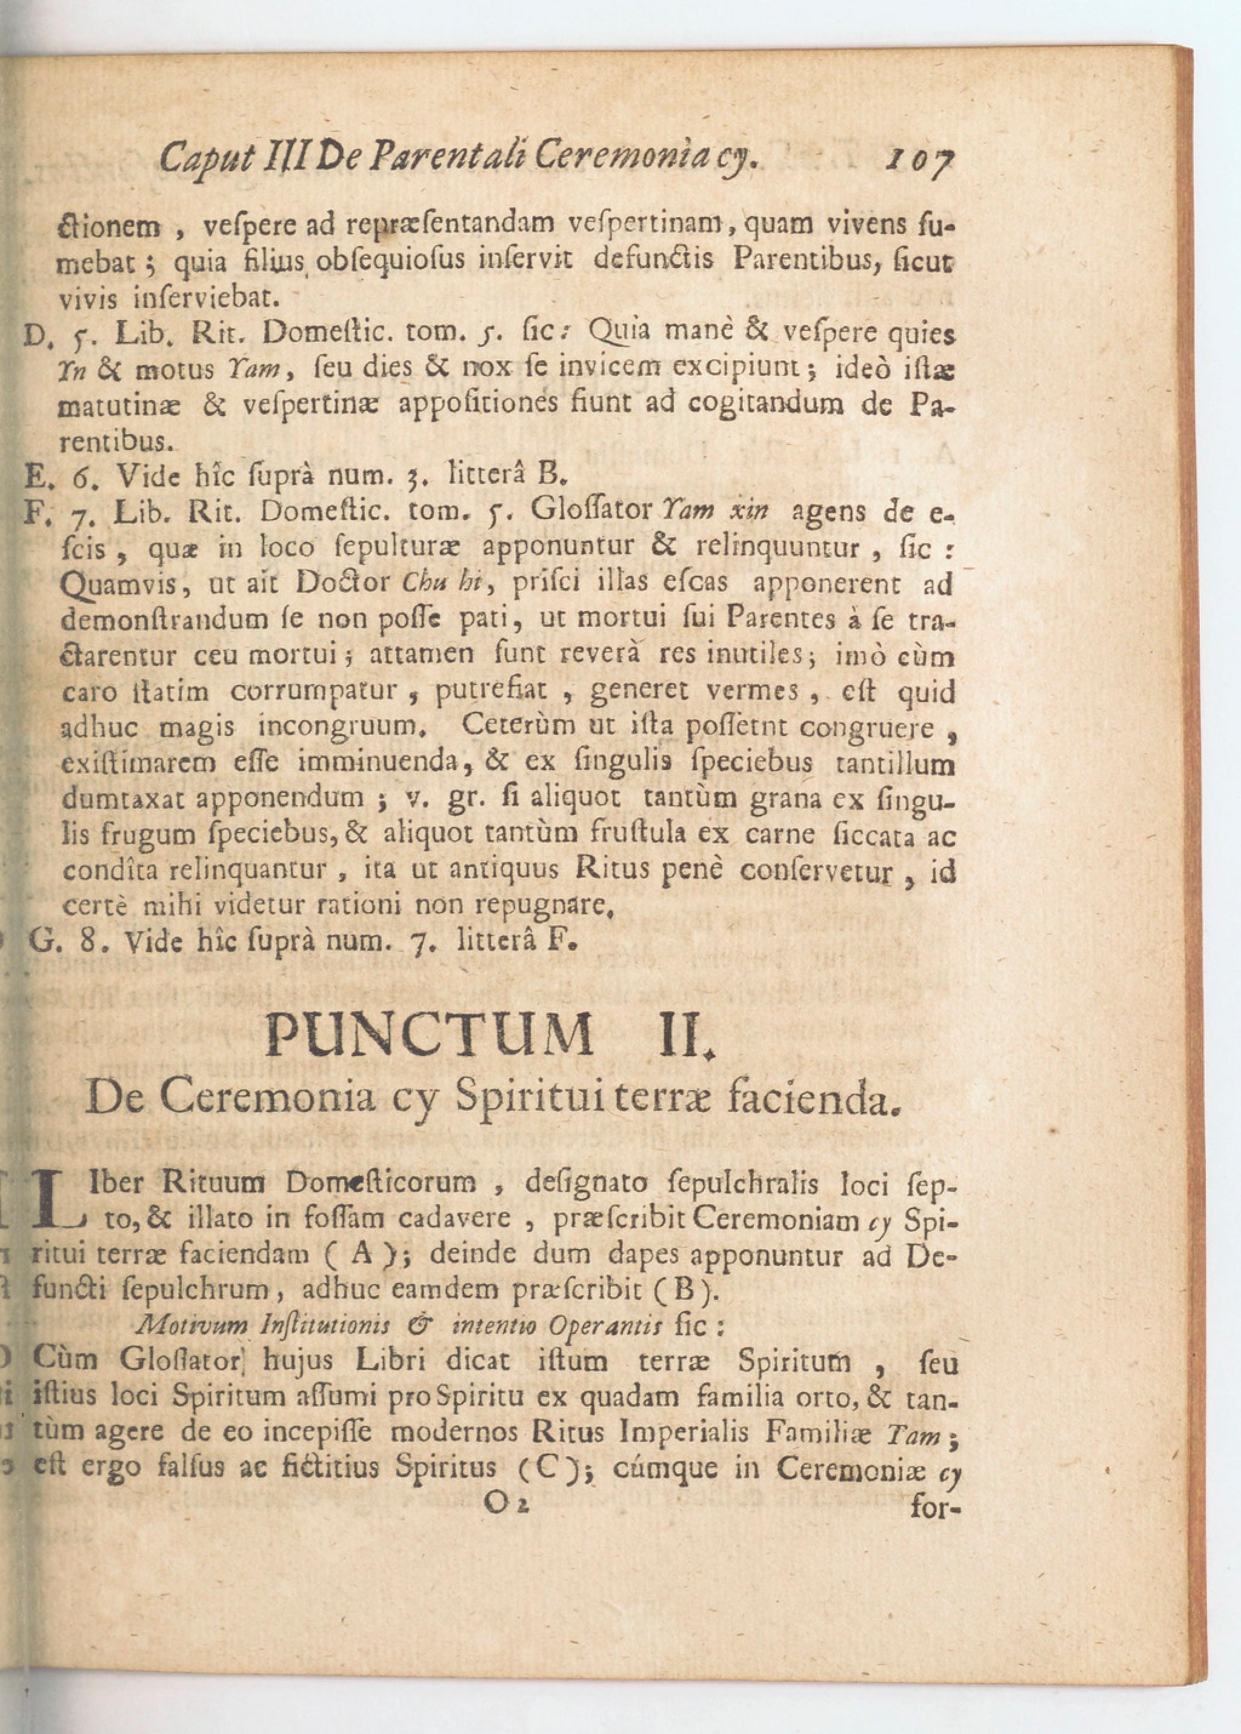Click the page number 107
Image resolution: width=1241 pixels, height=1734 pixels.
point(919,161)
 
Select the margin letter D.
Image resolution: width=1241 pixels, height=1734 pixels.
point(35,334)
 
